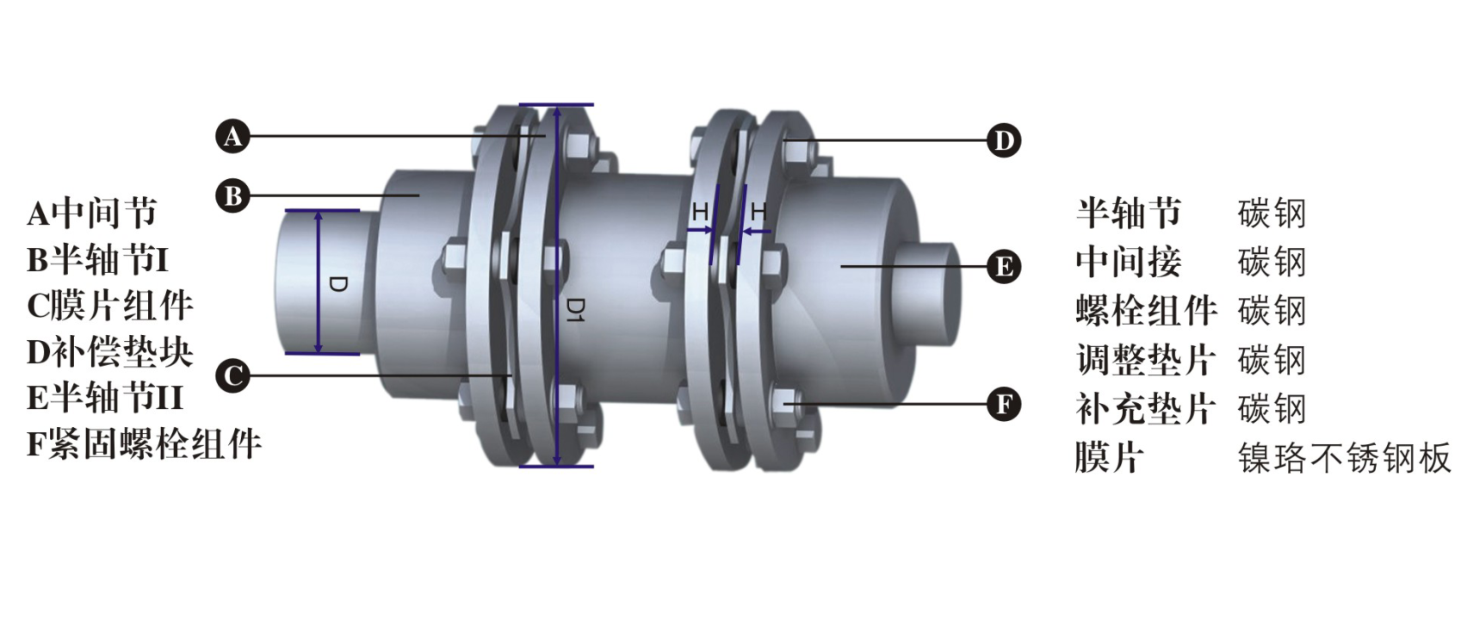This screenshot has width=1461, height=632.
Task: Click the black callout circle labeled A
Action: (232, 136)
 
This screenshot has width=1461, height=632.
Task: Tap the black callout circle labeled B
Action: (232, 195)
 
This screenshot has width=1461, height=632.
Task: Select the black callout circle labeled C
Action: (232, 375)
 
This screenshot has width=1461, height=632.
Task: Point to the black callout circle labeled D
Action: (1003, 140)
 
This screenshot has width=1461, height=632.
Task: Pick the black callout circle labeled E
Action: (1003, 267)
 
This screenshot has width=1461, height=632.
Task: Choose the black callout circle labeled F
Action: (1003, 404)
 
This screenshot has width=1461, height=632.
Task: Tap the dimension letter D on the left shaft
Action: (337, 284)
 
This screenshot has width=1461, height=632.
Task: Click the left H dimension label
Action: (700, 211)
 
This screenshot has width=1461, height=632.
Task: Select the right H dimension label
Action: (758, 211)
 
